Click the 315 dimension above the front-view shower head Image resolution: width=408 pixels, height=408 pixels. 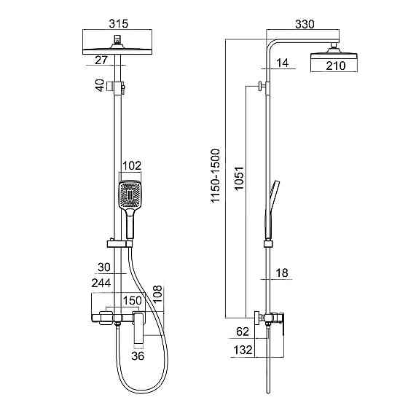coord(118,23)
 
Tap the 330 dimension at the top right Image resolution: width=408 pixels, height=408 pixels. coord(305,24)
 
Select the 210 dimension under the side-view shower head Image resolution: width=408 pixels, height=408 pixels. coord(336,66)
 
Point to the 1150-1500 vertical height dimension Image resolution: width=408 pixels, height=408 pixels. coord(216,176)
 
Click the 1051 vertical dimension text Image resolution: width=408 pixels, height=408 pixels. coord(239,178)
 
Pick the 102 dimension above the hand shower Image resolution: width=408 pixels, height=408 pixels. coord(132,166)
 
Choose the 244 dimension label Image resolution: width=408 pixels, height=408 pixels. coord(101,283)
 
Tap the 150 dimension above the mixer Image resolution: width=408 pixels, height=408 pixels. coord(132,301)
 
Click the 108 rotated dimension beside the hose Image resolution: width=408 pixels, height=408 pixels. coord(157,294)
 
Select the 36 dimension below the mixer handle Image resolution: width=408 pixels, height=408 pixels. coord(138,356)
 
